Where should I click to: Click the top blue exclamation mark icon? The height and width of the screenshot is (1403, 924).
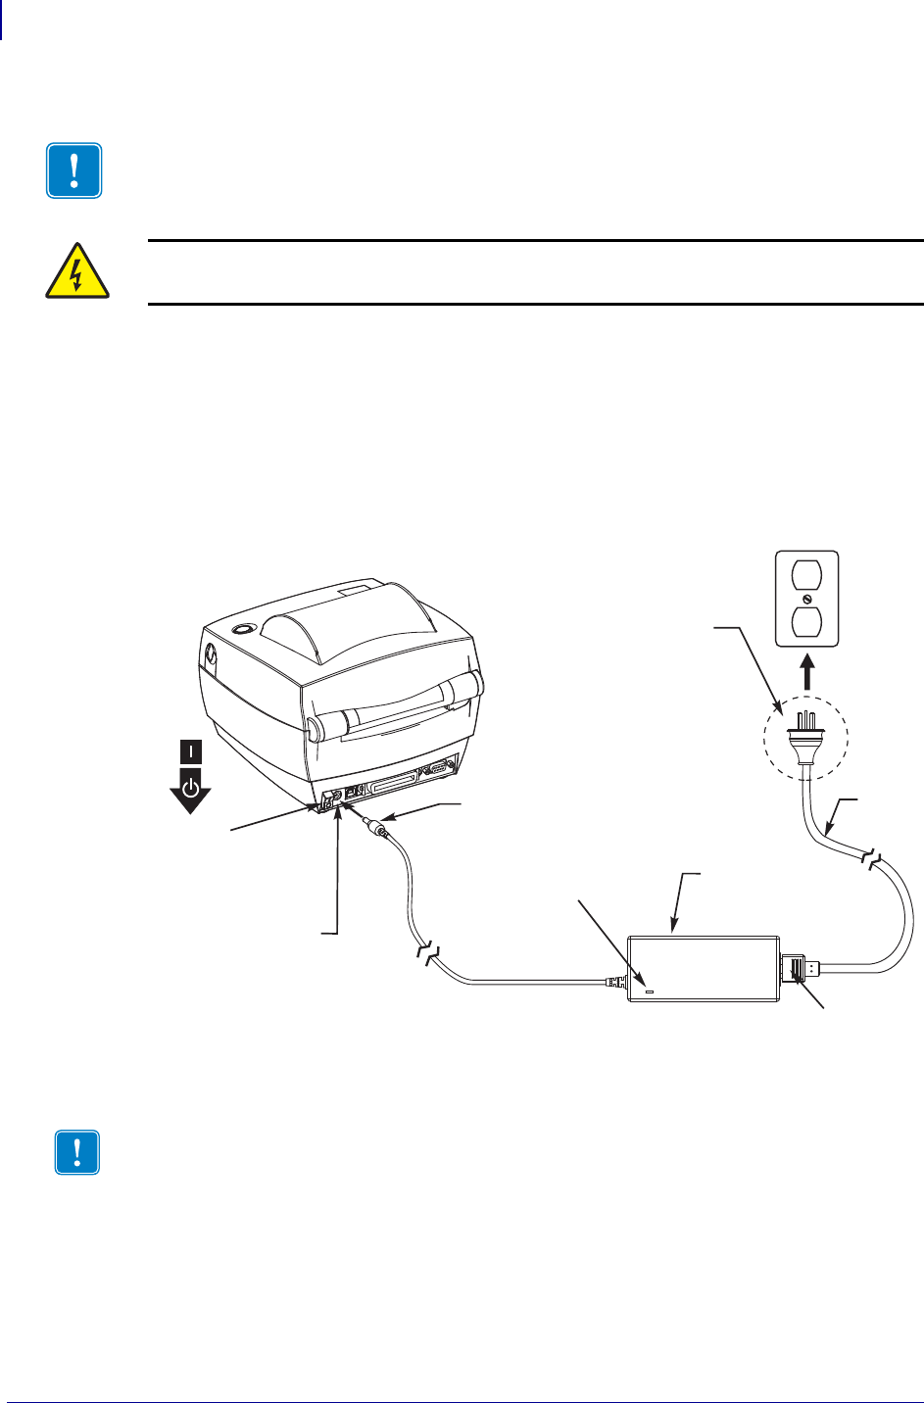pos(74,171)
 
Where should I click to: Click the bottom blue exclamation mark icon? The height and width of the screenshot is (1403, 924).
pos(77,1154)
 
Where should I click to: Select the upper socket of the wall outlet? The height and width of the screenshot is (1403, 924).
pos(806,574)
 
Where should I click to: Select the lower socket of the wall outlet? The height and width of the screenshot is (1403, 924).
pos(806,621)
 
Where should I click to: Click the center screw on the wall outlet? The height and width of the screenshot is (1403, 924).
pos(806,598)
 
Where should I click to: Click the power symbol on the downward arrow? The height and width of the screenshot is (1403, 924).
pos(191,787)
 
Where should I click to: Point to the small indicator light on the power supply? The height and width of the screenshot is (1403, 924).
pos(649,992)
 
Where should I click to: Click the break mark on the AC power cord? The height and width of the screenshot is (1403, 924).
pos(871,861)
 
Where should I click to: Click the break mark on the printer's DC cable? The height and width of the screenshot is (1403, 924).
pos(427,948)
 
